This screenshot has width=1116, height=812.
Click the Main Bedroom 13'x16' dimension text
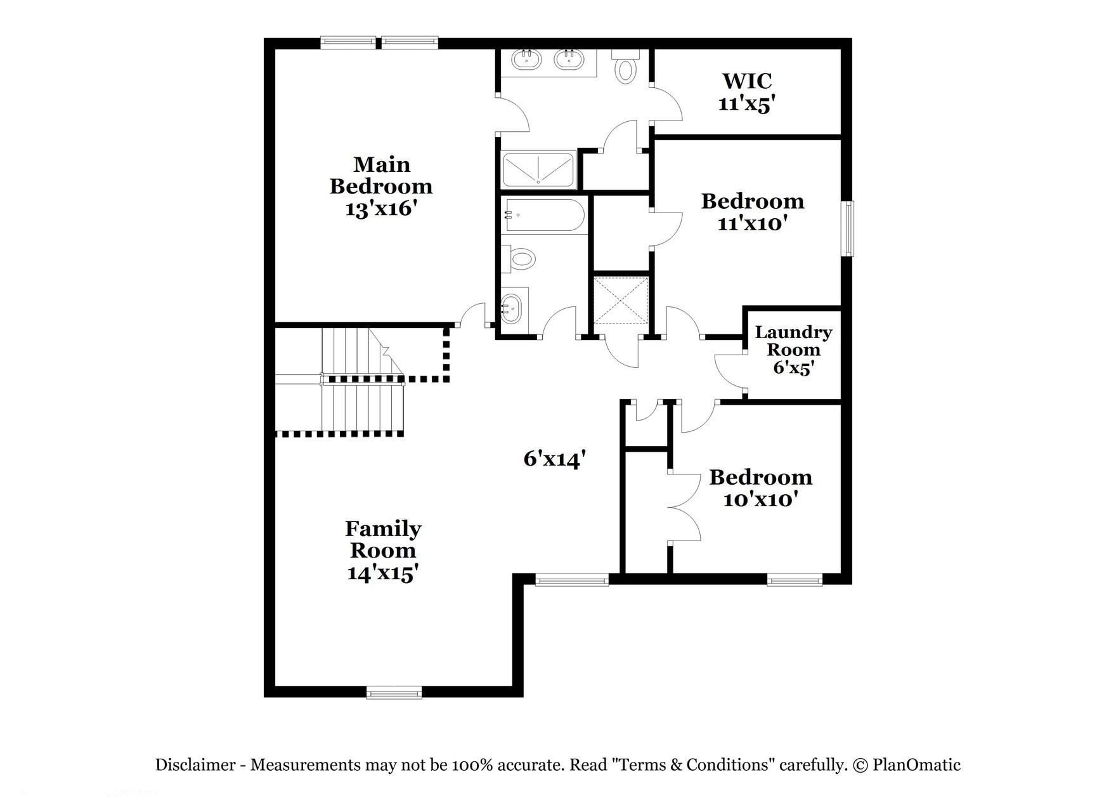click(x=380, y=209)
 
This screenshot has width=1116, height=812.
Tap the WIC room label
click(x=747, y=81)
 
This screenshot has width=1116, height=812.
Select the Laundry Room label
click(x=793, y=341)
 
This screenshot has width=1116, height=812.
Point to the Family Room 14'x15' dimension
click(x=382, y=573)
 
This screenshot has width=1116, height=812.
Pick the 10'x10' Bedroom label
click(x=760, y=477)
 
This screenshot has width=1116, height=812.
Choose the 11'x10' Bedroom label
click(x=752, y=201)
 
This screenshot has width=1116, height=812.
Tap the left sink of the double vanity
click(x=526, y=60)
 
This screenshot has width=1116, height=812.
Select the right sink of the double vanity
click(x=569, y=60)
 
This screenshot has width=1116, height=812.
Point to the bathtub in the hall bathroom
click(x=543, y=216)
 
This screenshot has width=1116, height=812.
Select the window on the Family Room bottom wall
click(x=394, y=692)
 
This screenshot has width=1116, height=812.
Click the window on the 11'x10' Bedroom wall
click(x=847, y=228)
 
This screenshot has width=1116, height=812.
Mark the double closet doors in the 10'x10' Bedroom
click(x=685, y=507)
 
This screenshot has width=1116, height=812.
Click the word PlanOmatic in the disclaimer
click(x=916, y=765)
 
